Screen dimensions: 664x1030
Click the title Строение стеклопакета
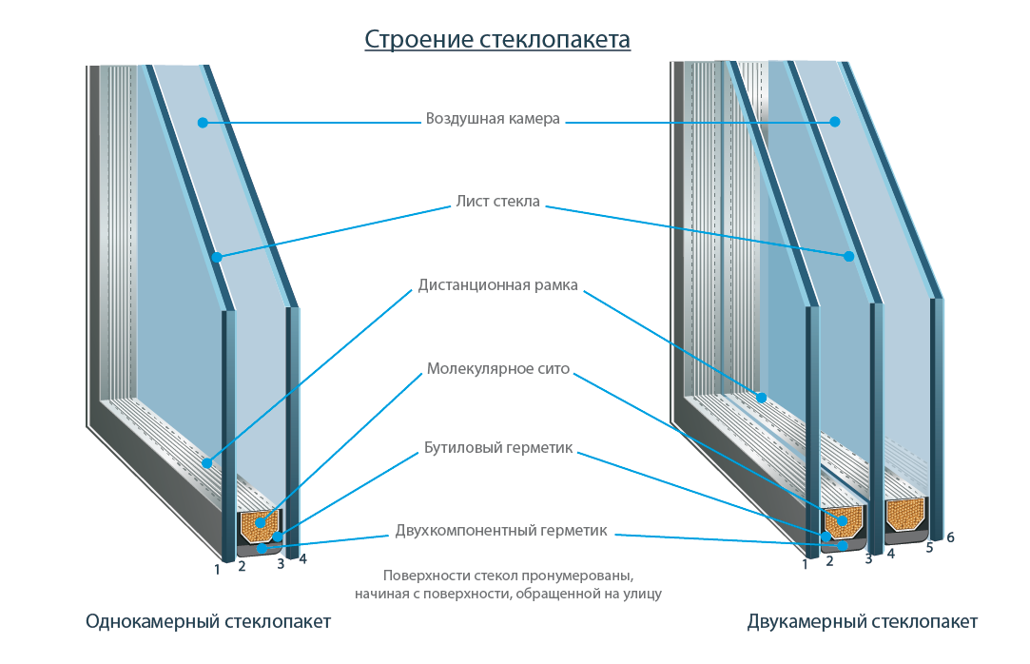click(x=497, y=40)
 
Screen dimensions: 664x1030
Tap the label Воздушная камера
click(x=493, y=120)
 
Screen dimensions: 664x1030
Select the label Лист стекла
click(x=497, y=202)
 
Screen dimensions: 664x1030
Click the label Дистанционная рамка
click(x=497, y=284)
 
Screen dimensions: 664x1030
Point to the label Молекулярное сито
click(x=497, y=368)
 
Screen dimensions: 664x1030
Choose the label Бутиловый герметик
click(x=497, y=448)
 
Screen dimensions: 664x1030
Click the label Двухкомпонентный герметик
click(x=500, y=531)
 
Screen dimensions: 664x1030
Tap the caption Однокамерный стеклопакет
click(x=208, y=622)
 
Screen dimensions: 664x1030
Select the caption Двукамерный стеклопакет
click(x=862, y=622)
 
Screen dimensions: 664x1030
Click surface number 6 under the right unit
click(x=950, y=537)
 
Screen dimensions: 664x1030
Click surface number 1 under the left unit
click(x=217, y=570)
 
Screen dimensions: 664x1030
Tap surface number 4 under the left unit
click(x=302, y=559)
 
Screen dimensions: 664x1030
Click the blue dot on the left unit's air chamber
click(x=203, y=122)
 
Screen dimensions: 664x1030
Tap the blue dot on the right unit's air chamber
click(x=834, y=121)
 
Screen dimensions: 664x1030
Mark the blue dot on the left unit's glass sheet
click(x=217, y=257)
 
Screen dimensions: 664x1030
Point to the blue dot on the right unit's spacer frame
click(x=761, y=396)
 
